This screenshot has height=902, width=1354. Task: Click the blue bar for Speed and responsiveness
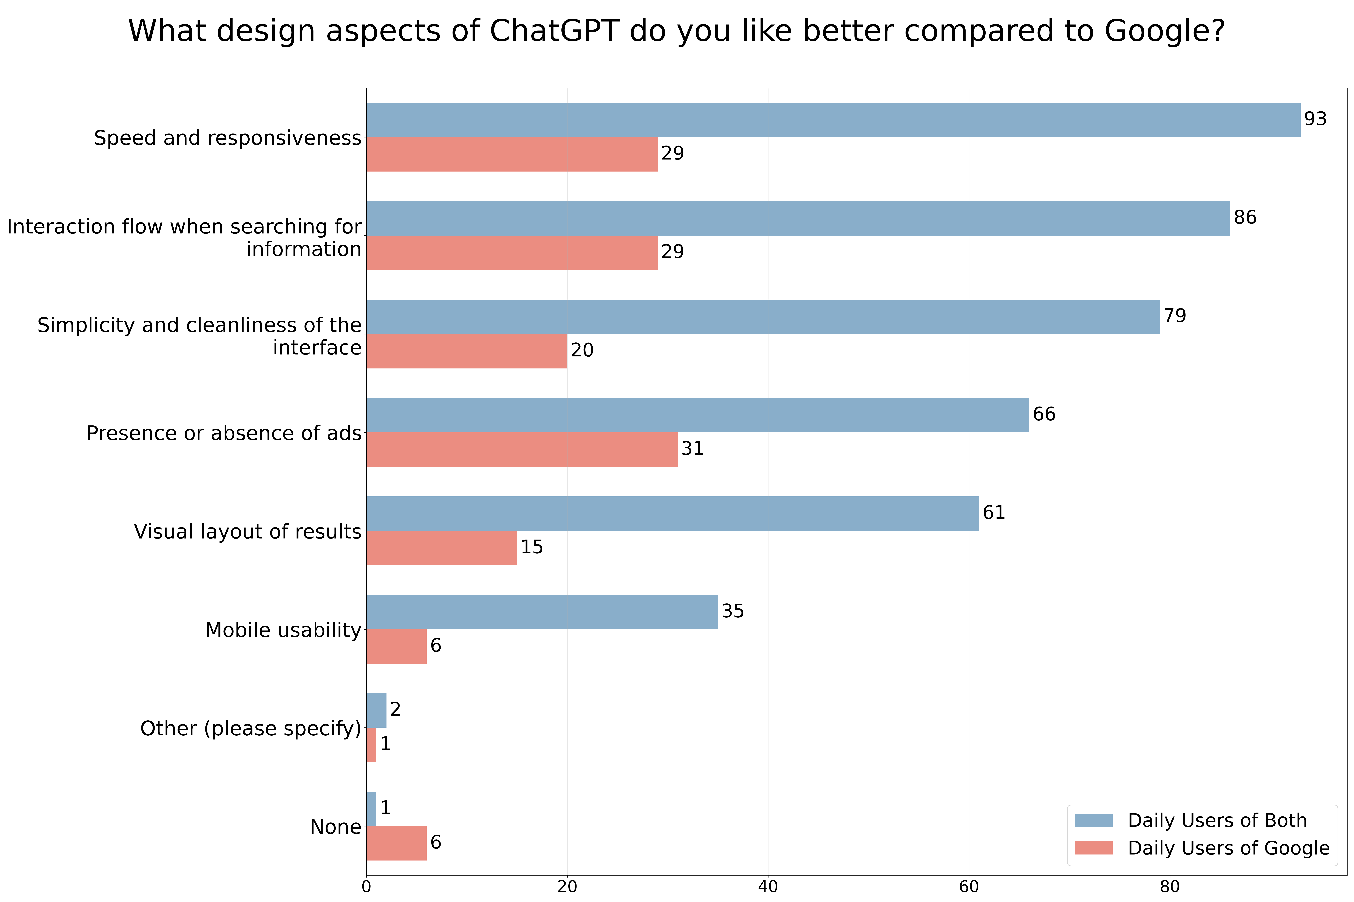pyautogui.click(x=833, y=120)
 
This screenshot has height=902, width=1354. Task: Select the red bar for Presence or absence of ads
pyautogui.click(x=522, y=449)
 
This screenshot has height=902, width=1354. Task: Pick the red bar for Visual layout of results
pyautogui.click(x=442, y=548)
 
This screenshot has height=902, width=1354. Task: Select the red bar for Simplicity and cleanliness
pyautogui.click(x=466, y=351)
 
